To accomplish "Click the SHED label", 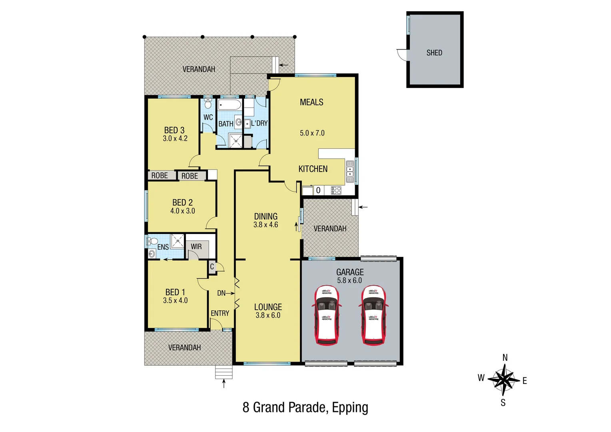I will pyautogui.click(x=434, y=53).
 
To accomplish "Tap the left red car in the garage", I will pyautogui.click(x=327, y=315).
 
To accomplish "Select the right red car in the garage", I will pyautogui.click(x=373, y=315).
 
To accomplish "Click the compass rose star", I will pyautogui.click(x=503, y=380).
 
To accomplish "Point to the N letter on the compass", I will pyautogui.click(x=505, y=358).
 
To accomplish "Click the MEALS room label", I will pyautogui.click(x=311, y=102).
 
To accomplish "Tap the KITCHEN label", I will pyautogui.click(x=313, y=169).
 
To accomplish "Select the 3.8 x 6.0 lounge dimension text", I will pyautogui.click(x=268, y=316).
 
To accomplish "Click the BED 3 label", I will pyautogui.click(x=174, y=130).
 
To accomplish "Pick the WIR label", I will pyautogui.click(x=196, y=247).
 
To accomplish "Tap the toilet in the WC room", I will pyautogui.click(x=208, y=105).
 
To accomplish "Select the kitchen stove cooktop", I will pyautogui.click(x=336, y=190).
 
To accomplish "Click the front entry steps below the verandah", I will pyautogui.click(x=224, y=372).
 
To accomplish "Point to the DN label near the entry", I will pyautogui.click(x=221, y=293).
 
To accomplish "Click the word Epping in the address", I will pyautogui.click(x=350, y=408).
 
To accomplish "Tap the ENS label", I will pyautogui.click(x=163, y=247).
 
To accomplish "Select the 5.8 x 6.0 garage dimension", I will pyautogui.click(x=349, y=280).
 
